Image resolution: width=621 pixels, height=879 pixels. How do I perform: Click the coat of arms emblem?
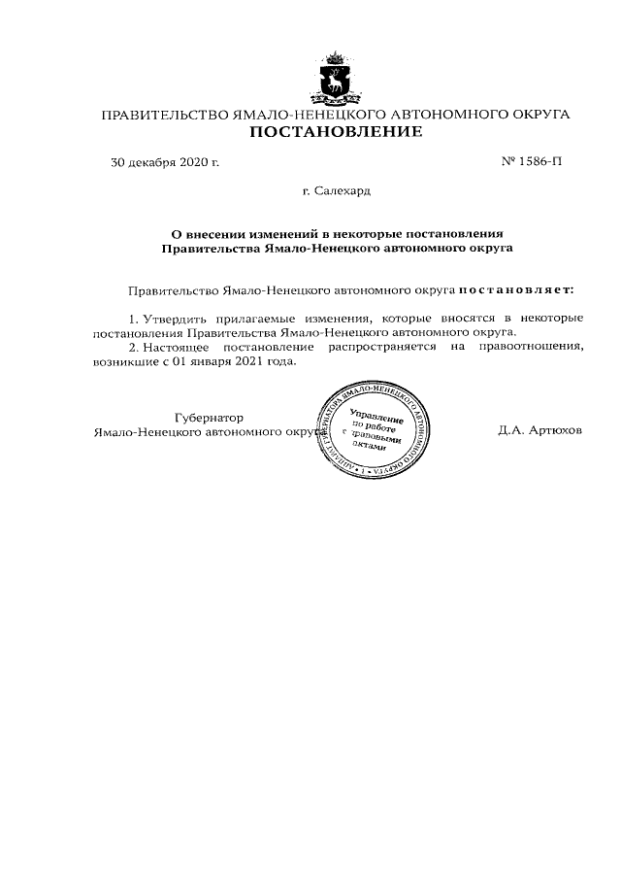tap(337, 79)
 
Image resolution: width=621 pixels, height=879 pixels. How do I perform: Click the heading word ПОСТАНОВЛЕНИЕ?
tap(336, 131)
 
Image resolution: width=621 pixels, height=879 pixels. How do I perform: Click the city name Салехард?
tap(342, 190)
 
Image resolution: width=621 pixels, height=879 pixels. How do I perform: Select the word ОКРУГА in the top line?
tap(534, 115)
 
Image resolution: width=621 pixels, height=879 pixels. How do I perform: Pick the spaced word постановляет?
tap(515, 289)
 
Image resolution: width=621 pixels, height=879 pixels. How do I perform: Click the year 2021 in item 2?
tap(239, 360)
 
